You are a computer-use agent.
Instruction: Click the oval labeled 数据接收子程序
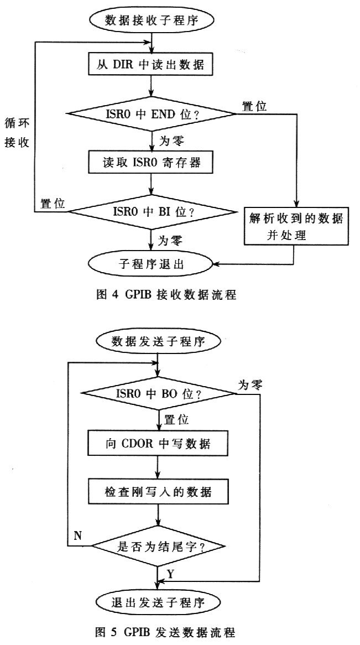point(150,21)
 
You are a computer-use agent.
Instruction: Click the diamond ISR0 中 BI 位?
point(150,210)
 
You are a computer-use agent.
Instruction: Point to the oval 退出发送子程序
point(159,602)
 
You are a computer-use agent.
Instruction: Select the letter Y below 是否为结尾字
point(170,575)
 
